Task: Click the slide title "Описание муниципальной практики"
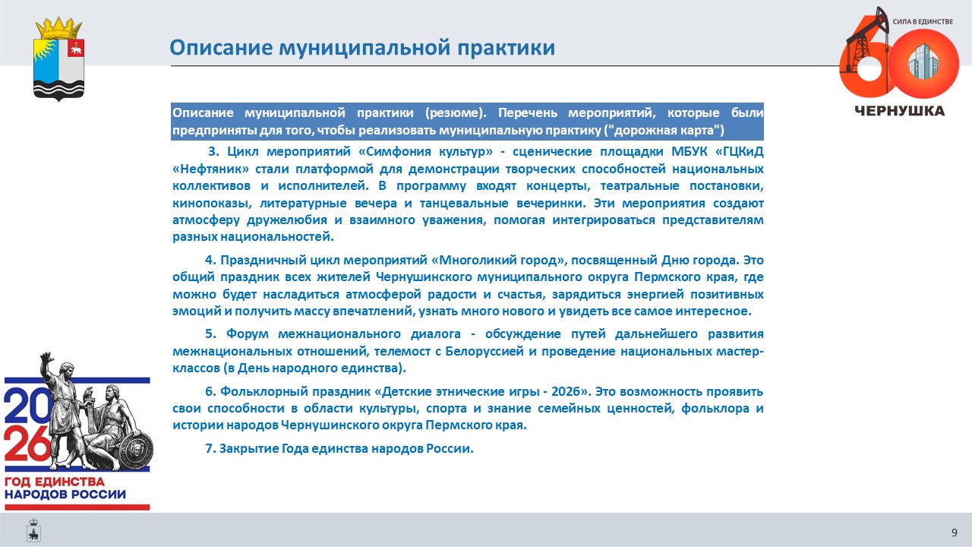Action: tap(362, 48)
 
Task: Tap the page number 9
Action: tap(955, 533)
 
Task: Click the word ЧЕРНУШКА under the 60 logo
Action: tap(900, 111)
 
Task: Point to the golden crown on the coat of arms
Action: tap(58, 29)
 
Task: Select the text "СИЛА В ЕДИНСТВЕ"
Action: tap(923, 21)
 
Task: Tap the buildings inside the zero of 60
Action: tap(923, 62)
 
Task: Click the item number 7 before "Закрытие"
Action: tap(210, 448)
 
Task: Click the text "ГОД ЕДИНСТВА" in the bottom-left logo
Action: tap(55, 482)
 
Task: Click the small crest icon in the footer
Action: tap(33, 530)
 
